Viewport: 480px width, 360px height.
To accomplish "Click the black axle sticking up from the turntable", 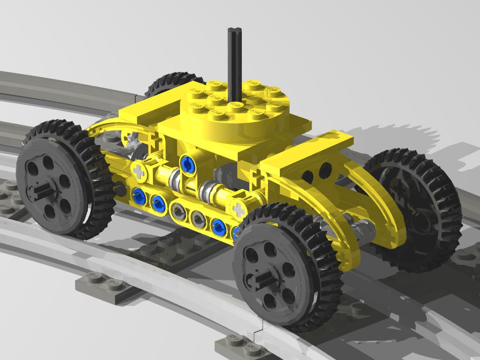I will click(x=234, y=61).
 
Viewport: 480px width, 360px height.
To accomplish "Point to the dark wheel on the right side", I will click(x=412, y=211).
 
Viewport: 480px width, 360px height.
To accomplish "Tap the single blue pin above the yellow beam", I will click(x=188, y=164).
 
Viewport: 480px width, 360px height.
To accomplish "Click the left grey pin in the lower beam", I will click(x=178, y=211).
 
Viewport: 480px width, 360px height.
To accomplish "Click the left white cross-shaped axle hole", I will click(x=138, y=171).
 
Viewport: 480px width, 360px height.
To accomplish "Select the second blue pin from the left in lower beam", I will click(x=158, y=203).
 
